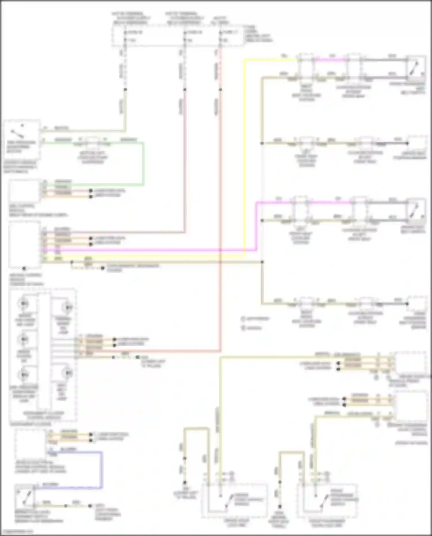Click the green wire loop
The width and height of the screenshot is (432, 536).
[143, 164]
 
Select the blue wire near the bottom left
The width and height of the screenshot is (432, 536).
[101, 469]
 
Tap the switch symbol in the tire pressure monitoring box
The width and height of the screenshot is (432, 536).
[17, 134]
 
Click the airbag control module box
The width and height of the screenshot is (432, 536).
[24, 245]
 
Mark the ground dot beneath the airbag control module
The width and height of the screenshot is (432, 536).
[24, 268]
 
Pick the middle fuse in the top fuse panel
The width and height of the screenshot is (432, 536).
[185, 33]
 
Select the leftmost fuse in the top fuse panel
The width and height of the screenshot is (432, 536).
[125, 33]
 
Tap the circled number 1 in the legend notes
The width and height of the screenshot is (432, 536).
[243, 319]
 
